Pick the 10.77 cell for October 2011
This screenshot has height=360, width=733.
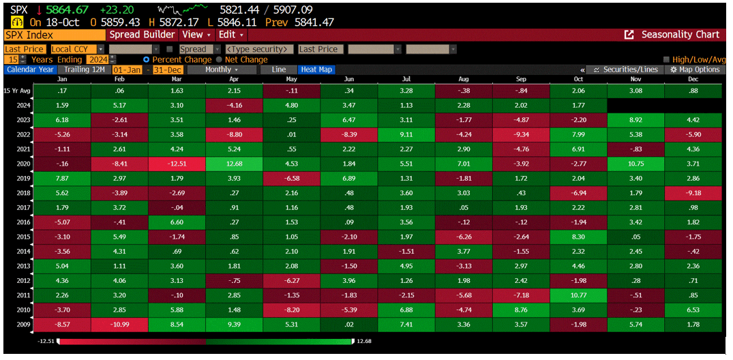pos(578,295)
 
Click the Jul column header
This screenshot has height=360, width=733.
pos(406,80)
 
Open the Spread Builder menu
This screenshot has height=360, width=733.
pos(142,34)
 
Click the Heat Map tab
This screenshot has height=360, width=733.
pos(316,70)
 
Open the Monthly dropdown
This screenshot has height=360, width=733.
pos(222,70)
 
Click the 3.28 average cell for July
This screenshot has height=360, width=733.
pos(406,91)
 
